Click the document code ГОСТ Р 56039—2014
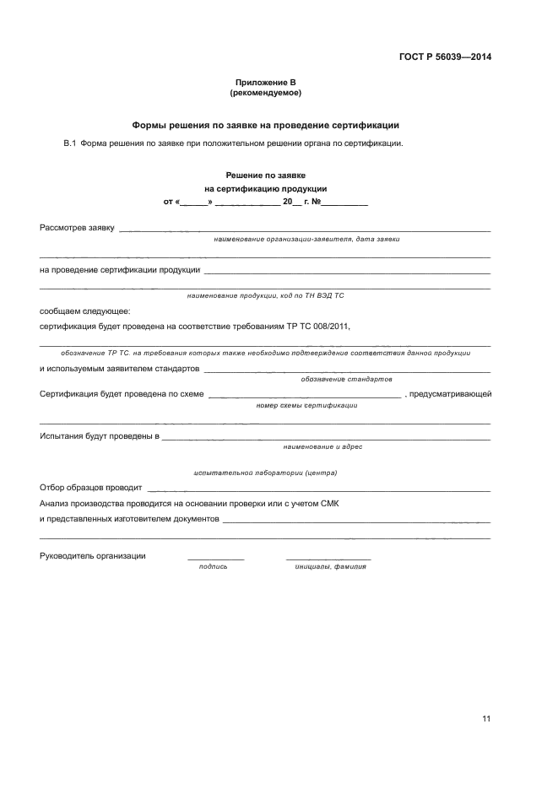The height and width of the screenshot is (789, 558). coord(445,57)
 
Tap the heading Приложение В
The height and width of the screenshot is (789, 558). coord(266,83)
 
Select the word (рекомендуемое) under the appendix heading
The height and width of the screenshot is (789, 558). coord(266,93)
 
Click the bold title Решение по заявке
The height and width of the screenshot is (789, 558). coord(265,175)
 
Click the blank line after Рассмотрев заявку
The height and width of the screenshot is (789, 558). coord(304,230)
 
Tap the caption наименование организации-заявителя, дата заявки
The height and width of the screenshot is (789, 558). coord(306,240)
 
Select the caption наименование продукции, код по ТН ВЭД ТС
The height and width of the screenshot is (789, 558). coord(266,296)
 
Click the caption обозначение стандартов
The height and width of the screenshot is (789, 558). coord(346,380)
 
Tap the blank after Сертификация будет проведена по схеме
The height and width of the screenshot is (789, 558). coord(304,395)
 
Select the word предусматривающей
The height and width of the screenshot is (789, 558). coord(450,394)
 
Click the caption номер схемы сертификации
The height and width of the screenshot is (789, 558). coord(306,405)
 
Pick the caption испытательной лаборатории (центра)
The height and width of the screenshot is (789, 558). coord(265,473)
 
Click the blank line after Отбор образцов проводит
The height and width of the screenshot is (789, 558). coord(319,489)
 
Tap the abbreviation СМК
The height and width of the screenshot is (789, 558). coord(329,504)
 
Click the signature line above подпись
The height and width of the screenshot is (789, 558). coord(215,559)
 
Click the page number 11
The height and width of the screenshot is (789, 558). coord(486,719)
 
